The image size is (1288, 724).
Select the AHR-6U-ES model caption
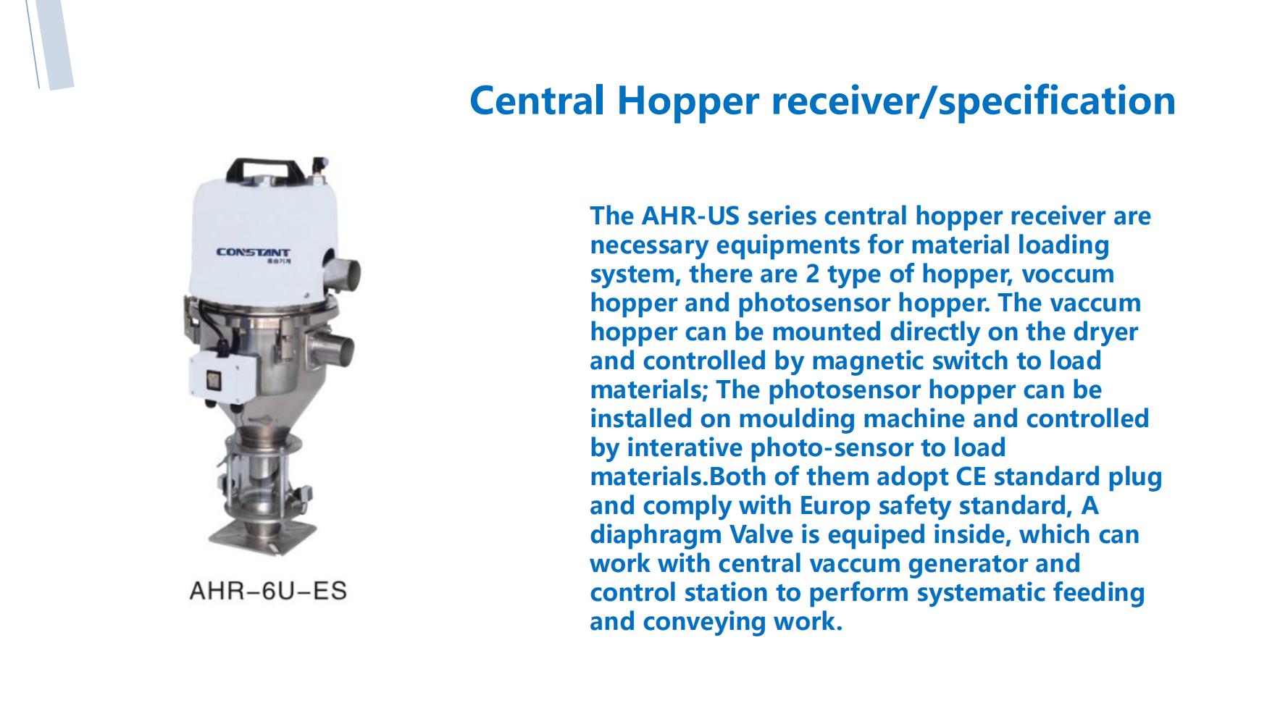pyautogui.click(x=268, y=592)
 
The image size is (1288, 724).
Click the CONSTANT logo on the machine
pyautogui.click(x=254, y=253)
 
